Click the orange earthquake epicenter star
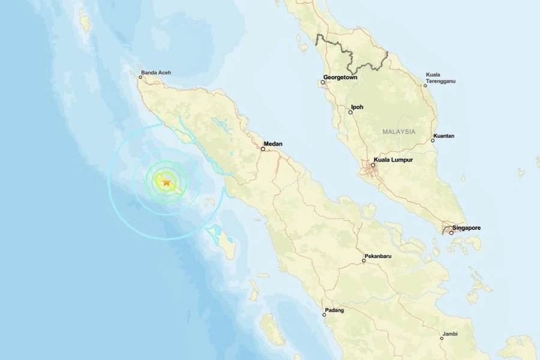pyautogui.click(x=166, y=182)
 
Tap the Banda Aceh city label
pyautogui.click(x=157, y=73)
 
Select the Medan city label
pyautogui.click(x=273, y=144)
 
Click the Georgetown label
pyautogui.click(x=340, y=77)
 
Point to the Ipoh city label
pyautogui.click(x=357, y=107)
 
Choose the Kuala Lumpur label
pyautogui.click(x=393, y=160)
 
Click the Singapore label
pyautogui.click(x=468, y=228)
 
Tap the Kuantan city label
pyautogui.click(x=445, y=136)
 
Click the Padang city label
pyautogui.click(x=334, y=310)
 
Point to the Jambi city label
pyautogui.click(x=450, y=334)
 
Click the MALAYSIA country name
pyautogui.click(x=398, y=131)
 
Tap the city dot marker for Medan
pyautogui.click(x=263, y=149)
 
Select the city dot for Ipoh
pyautogui.click(x=351, y=112)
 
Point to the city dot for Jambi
pyautogui.click(x=442, y=338)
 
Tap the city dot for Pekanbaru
pyautogui.click(x=364, y=261)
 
